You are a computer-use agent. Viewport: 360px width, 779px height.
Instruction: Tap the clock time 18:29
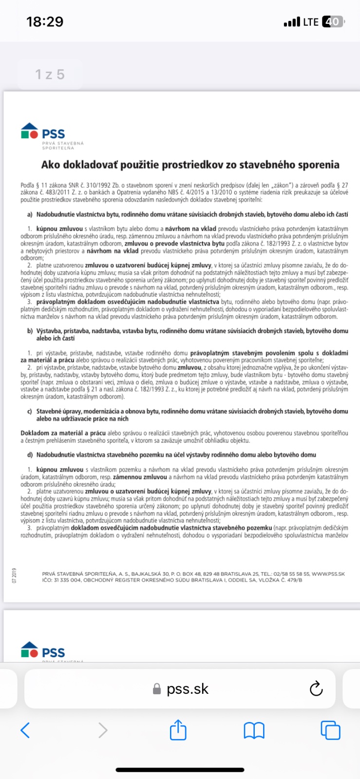pyautogui.click(x=45, y=21)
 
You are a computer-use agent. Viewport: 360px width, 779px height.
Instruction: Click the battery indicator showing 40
pyautogui.click(x=333, y=22)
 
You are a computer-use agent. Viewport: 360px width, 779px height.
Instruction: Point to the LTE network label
pyautogui.click(x=310, y=22)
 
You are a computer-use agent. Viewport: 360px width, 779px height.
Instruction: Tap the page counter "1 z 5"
pyautogui.click(x=49, y=74)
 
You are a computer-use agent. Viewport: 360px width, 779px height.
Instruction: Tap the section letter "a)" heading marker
pyautogui.click(x=30, y=214)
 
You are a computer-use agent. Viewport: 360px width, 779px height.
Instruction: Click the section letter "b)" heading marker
pyautogui.click(x=30, y=331)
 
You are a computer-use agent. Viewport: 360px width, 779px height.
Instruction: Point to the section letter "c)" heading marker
pyautogui.click(x=30, y=411)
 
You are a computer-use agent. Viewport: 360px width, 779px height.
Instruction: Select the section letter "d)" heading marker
pyautogui.click(x=30, y=455)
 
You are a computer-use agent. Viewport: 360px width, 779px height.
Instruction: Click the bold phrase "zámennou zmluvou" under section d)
pyautogui.click(x=140, y=477)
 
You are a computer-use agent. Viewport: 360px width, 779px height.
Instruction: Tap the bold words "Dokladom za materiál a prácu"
pyautogui.click(x=63, y=433)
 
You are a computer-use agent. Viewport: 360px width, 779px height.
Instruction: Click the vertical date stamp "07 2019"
pyautogui.click(x=14, y=575)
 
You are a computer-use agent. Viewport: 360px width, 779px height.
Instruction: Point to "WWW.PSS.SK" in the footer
pyautogui.click(x=328, y=574)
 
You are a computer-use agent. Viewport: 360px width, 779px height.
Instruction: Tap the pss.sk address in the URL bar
pyautogui.click(x=187, y=689)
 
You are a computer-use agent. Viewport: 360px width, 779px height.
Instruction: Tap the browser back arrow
pyautogui.click(x=25, y=730)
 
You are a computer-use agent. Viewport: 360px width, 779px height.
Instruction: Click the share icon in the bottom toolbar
pyautogui.click(x=178, y=730)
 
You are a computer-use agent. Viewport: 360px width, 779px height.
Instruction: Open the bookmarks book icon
pyautogui.click(x=254, y=730)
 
